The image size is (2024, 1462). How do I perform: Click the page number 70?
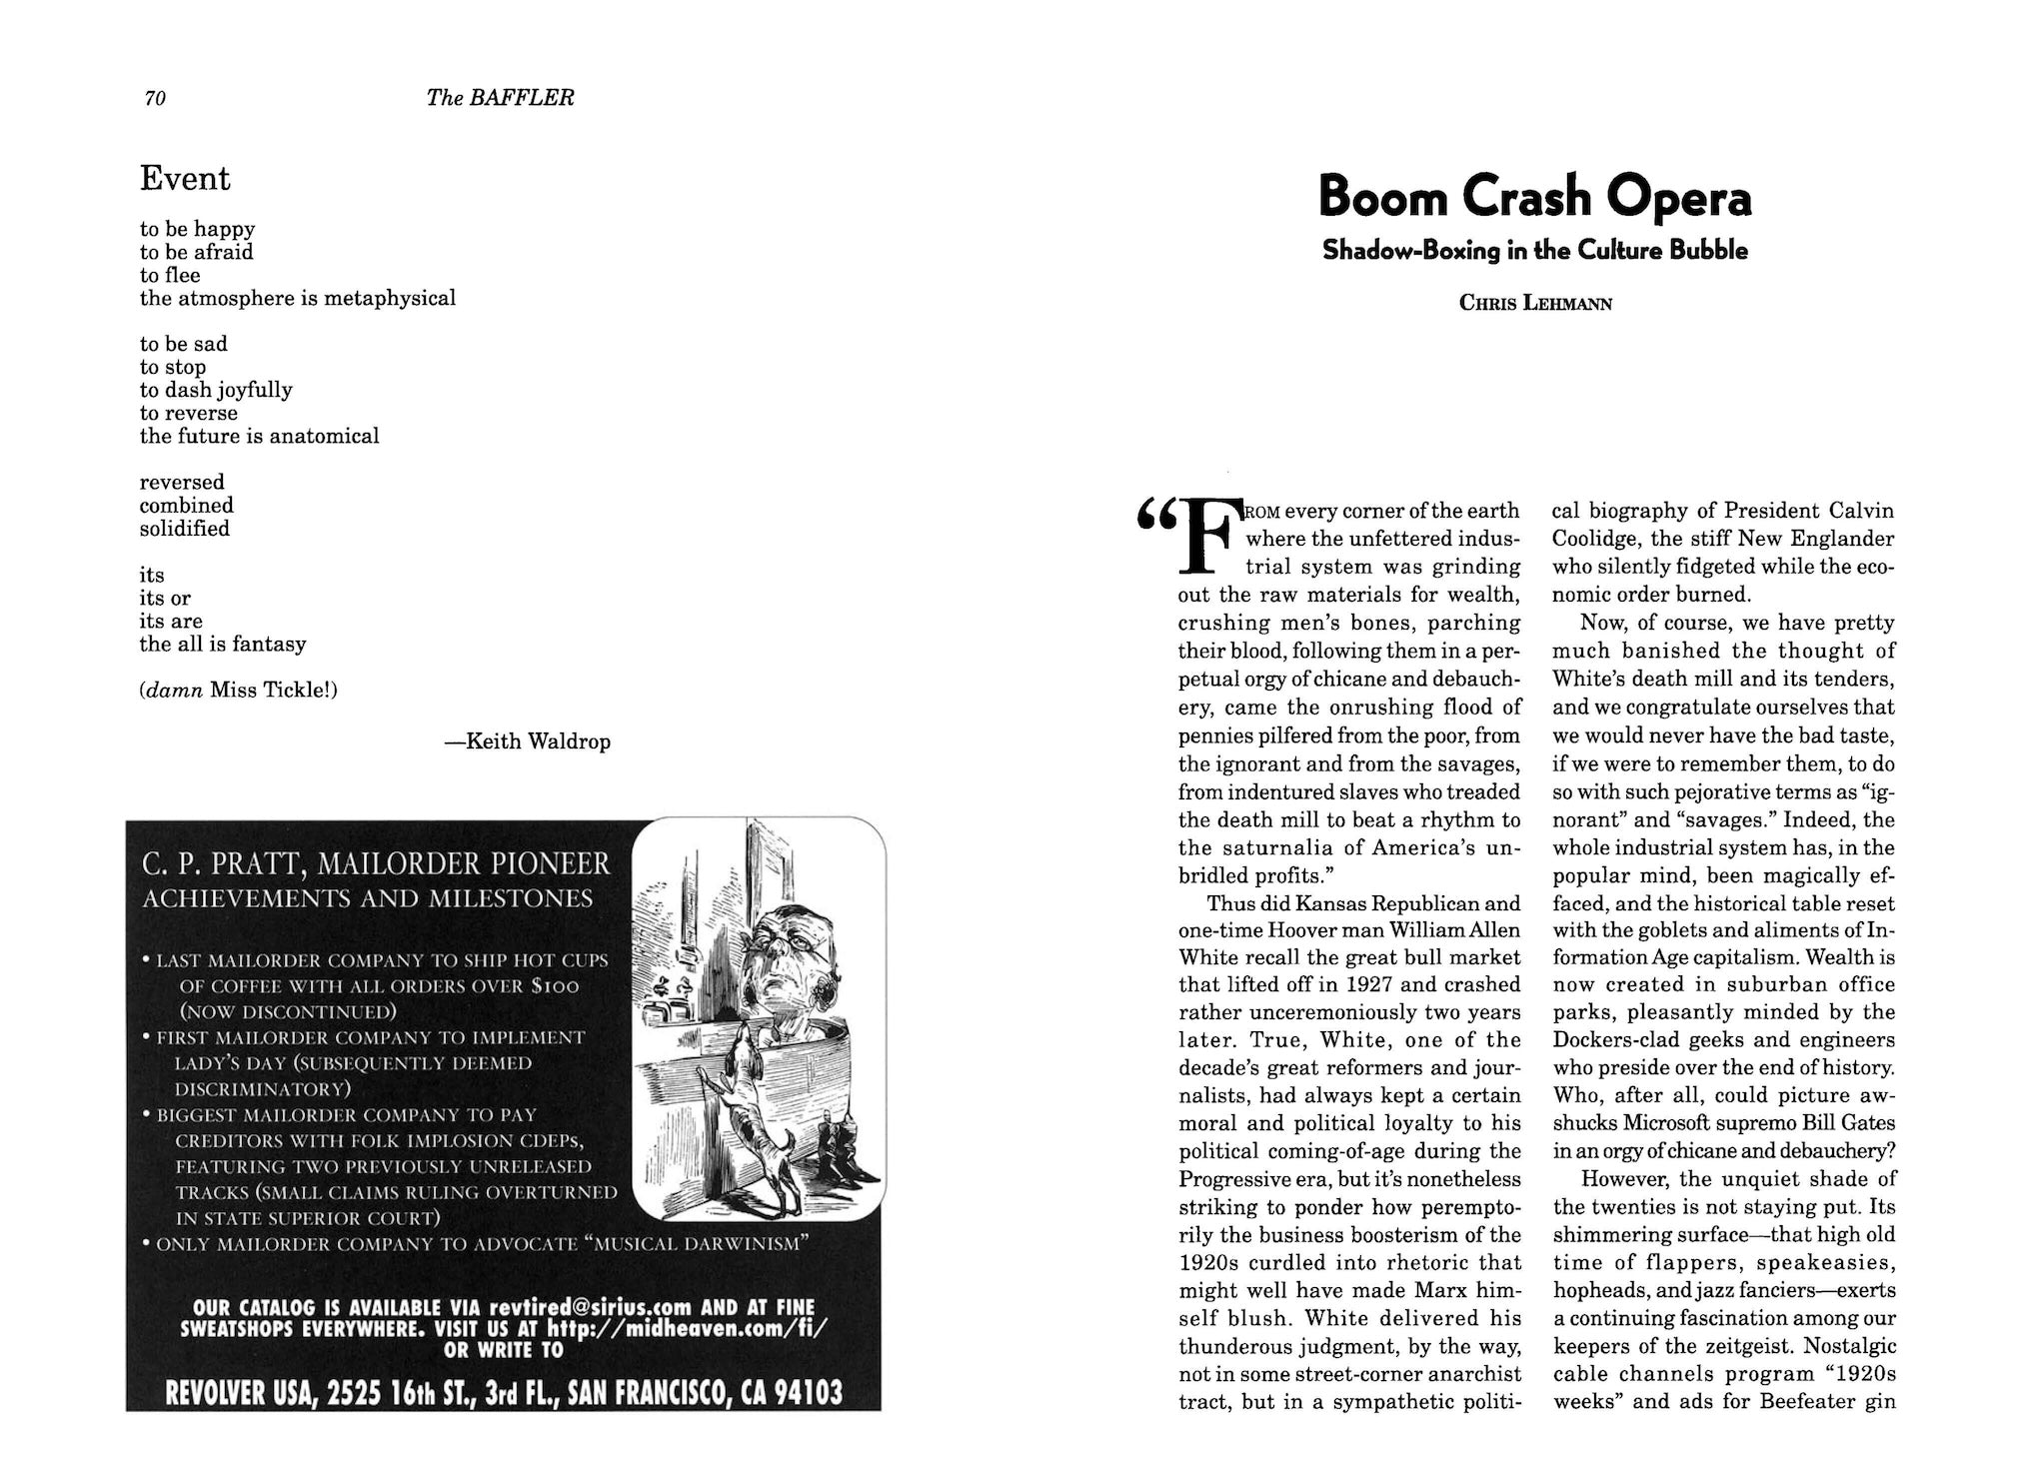155,98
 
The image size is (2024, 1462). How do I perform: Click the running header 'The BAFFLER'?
500,98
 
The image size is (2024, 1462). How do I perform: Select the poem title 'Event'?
185,179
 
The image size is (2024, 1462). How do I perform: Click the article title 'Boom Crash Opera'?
1534,197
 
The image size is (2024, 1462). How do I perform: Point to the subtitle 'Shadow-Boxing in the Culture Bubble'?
1534,251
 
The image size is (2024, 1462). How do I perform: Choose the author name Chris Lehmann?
1535,303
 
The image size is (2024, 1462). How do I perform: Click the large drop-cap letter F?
1206,538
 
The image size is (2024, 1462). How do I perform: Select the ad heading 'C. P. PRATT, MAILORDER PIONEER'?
376,863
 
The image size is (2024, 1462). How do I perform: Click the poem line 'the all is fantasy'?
223,645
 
